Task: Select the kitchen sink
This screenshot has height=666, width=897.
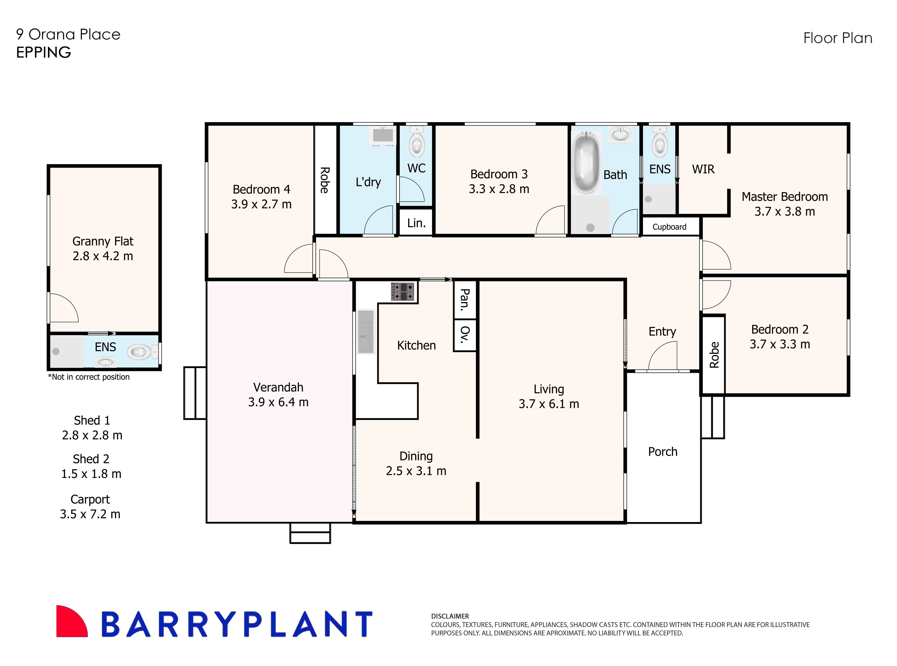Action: pos(366,331)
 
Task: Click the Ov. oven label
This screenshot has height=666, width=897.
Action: pos(465,335)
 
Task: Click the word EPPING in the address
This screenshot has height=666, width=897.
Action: pos(43,52)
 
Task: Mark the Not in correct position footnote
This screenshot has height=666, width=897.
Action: pos(89,377)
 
